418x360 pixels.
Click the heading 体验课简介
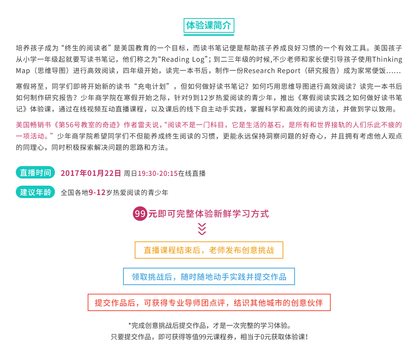pos(209,25)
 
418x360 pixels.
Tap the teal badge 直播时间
pos(35,173)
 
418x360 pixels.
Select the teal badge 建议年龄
pos(35,192)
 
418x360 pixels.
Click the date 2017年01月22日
pos(91,173)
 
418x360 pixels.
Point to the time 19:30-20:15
pos(158,174)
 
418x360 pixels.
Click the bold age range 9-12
pos(97,192)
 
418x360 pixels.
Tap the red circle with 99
pos(140,214)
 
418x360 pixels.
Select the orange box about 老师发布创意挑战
pos(209,250)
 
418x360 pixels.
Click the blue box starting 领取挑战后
pos(209,276)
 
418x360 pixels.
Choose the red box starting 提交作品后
pos(209,303)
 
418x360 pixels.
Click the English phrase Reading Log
pos(183,59)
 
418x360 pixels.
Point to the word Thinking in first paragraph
pos(387,59)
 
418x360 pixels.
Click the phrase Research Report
pos(272,71)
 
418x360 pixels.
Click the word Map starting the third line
pos(23,71)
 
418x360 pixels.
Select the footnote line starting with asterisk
pos(210,326)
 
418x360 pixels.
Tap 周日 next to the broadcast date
pos(130,174)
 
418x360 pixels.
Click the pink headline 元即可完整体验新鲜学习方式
pos(208,214)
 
